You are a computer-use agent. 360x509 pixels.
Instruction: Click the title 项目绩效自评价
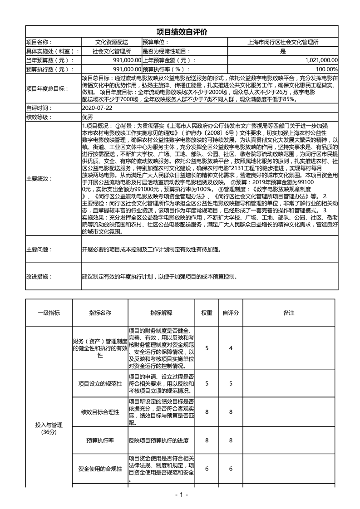181,32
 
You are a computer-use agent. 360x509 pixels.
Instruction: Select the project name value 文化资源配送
112,42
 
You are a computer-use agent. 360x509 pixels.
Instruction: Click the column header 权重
207,313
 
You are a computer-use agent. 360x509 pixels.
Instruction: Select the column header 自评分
231,313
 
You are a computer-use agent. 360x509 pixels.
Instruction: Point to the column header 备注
289,313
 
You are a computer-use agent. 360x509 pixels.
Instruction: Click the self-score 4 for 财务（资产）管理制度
231,348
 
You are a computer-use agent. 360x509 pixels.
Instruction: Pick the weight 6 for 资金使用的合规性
207,469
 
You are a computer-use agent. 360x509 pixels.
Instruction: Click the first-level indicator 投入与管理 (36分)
49,428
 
